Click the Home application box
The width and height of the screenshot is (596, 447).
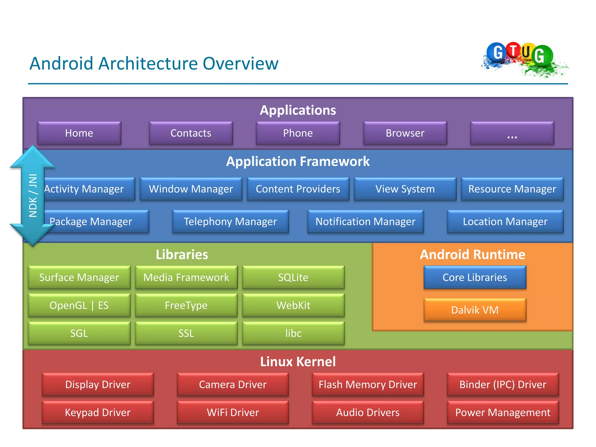coord(79,133)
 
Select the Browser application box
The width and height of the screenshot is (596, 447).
coord(405,133)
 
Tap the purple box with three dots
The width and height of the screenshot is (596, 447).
coord(512,133)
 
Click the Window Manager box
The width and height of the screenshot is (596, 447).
coord(191,189)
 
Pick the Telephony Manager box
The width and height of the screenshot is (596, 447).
coord(230,221)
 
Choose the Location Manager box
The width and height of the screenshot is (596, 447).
coord(505,221)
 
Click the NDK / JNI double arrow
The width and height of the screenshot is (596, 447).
coord(33,196)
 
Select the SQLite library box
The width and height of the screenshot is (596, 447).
coord(293,277)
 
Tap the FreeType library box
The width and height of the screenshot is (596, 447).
coord(186,305)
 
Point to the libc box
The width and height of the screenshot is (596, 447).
coord(293,333)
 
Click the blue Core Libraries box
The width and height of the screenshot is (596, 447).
coord(475,277)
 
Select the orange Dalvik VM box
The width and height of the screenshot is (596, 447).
coord(475,310)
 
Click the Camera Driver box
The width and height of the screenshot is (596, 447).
coord(233,384)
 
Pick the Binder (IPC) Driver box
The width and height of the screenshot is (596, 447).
coord(503,384)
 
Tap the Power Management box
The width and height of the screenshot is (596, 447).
coord(503,412)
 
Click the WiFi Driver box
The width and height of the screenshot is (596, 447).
coord(233,412)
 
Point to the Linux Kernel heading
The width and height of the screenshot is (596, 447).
coord(298,362)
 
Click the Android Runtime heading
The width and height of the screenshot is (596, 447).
coord(473,255)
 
